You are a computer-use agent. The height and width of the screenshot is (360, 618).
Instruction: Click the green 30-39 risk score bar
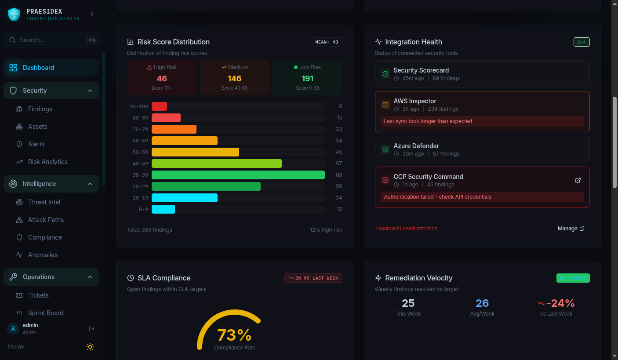coord(238,175)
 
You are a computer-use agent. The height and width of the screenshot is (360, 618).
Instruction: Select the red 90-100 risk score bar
coord(159,106)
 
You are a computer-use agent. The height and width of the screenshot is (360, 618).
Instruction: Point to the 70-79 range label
coord(140,129)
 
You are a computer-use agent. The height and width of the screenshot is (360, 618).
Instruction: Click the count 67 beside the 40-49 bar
coord(339,164)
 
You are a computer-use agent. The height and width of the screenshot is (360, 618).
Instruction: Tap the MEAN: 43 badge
coord(327,42)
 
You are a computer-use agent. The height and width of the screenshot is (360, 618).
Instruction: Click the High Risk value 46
coord(162,79)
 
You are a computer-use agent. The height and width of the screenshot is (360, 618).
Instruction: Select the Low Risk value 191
coord(307,79)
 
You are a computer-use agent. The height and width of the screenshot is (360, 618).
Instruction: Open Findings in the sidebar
coord(40,109)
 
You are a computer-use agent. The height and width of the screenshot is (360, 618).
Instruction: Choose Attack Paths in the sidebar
coord(46,220)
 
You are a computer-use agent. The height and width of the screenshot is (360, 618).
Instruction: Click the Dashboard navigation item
coord(39,68)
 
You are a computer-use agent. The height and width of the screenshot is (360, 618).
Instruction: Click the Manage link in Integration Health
coord(571,229)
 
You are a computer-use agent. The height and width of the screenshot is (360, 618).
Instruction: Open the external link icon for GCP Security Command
coord(578,180)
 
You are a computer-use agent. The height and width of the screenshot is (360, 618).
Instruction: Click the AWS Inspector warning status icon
coord(385,105)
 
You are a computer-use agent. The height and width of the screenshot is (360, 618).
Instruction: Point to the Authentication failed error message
coord(437,197)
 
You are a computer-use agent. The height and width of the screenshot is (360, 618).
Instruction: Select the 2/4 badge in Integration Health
coord(582,42)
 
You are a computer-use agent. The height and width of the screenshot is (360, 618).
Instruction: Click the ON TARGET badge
coord(573,278)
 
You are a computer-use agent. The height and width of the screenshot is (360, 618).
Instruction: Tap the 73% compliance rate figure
coord(234,335)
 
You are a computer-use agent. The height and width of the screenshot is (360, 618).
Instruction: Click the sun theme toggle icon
coord(90,347)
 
